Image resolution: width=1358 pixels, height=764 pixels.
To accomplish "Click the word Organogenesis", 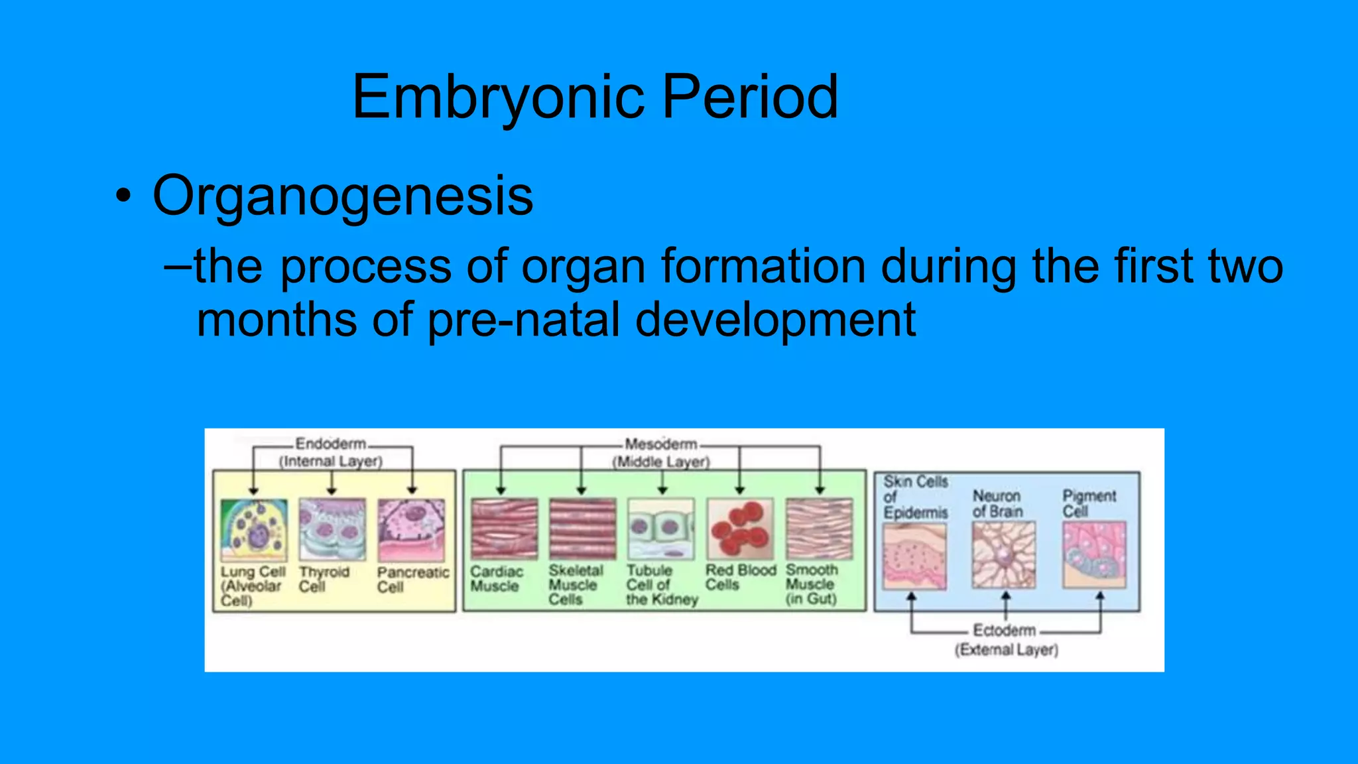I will click(343, 196).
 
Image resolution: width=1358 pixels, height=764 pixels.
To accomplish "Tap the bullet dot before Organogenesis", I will click(123, 197).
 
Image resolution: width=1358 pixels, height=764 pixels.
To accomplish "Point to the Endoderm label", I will click(330, 444).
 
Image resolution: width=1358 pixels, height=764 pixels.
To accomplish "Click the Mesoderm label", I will click(660, 444).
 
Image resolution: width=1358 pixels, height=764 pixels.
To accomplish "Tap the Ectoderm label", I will click(1004, 630).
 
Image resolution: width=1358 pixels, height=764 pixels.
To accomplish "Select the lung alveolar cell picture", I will click(254, 530).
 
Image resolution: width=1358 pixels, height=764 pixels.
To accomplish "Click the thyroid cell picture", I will click(332, 530).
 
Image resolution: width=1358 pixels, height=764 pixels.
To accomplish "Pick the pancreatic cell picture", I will click(411, 530).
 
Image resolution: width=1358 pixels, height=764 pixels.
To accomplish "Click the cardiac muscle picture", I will click(504, 529).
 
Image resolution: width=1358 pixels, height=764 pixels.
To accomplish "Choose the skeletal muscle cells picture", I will click(582, 529).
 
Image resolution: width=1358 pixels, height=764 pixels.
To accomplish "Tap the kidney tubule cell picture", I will click(661, 529).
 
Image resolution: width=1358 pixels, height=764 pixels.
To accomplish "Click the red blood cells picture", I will click(740, 529).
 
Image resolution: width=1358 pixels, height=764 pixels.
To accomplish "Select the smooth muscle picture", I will click(819, 529).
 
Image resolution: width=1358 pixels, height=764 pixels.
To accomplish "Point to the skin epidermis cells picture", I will click(914, 556).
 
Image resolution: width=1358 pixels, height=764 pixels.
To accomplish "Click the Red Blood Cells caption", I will click(740, 577).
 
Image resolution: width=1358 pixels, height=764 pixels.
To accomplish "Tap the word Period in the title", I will click(751, 97).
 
